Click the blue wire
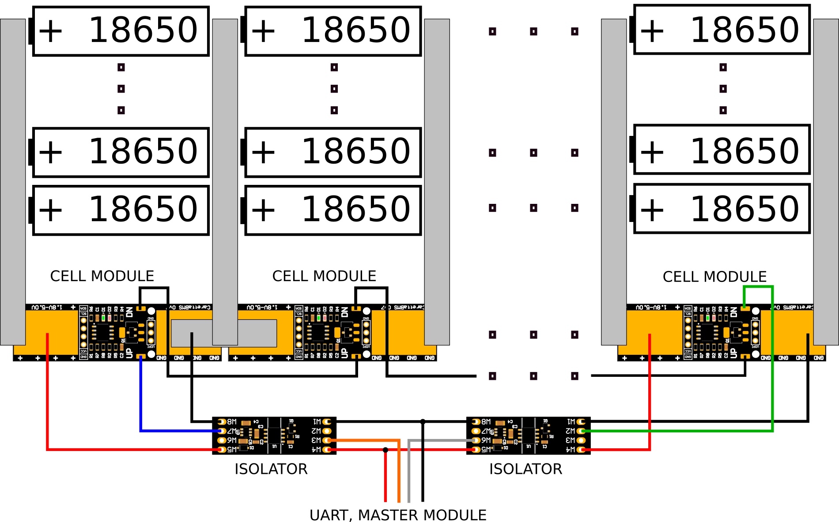(x=140, y=397)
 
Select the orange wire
(x=399, y=472)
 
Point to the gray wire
(x=409, y=472)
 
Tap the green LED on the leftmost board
(x=103, y=318)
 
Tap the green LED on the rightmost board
(x=708, y=318)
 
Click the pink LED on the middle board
(x=325, y=318)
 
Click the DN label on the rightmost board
(x=734, y=312)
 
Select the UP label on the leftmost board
(x=129, y=353)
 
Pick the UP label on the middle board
(x=345, y=353)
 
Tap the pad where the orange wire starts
(x=327, y=440)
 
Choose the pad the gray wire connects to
(x=476, y=440)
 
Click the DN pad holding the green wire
(x=745, y=308)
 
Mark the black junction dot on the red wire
(x=385, y=450)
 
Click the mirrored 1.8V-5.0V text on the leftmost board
(x=47, y=307)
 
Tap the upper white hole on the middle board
(x=367, y=311)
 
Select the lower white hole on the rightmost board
(x=756, y=354)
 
